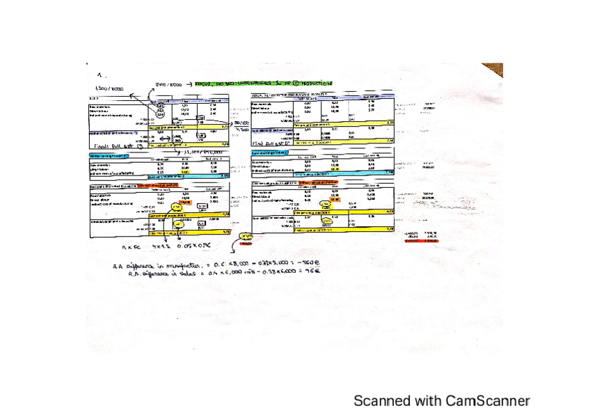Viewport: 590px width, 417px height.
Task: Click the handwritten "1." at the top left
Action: click(x=100, y=74)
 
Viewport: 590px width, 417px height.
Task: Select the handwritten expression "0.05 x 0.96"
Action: click(x=193, y=246)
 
